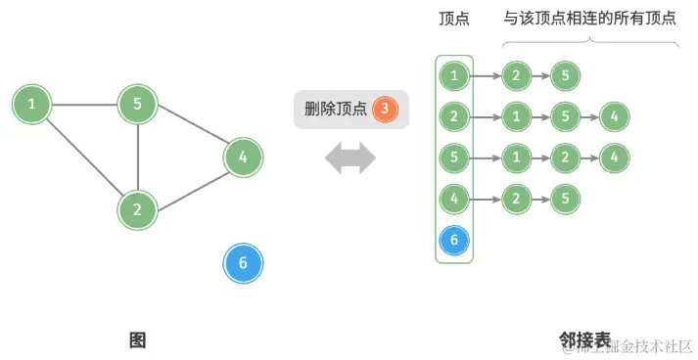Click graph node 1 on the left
coord(32,103)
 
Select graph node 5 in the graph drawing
coord(137,104)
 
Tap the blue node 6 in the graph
coord(243,263)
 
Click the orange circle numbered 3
coord(386,109)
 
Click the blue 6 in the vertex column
coord(453,240)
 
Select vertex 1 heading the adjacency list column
coord(453,75)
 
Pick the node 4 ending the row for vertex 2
coord(613,116)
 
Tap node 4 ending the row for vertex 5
coord(613,157)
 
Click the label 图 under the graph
coord(137,339)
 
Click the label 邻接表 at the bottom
coord(584,339)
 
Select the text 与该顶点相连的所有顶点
coord(589,18)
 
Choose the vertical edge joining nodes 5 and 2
coord(137,157)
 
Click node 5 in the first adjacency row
coord(564,75)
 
